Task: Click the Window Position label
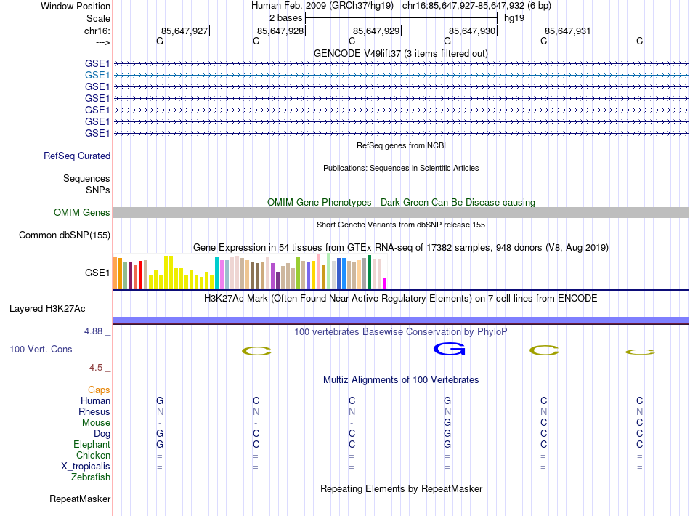click(x=76, y=6)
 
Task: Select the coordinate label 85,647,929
click(x=376, y=31)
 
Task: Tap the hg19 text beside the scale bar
click(x=514, y=17)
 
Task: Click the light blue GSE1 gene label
click(x=97, y=75)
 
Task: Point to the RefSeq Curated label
click(x=77, y=156)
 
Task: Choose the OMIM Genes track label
click(x=82, y=213)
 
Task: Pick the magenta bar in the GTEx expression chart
click(x=385, y=283)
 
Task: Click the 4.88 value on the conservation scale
click(x=97, y=331)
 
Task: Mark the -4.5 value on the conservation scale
click(x=99, y=368)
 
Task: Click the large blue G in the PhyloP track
click(x=448, y=350)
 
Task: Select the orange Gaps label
click(x=99, y=390)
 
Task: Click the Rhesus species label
click(x=94, y=412)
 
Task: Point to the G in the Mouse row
click(x=447, y=423)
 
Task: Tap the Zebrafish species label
click(x=91, y=477)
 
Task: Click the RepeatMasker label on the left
click(x=80, y=499)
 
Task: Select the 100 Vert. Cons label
click(x=41, y=350)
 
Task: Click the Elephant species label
click(x=92, y=445)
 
